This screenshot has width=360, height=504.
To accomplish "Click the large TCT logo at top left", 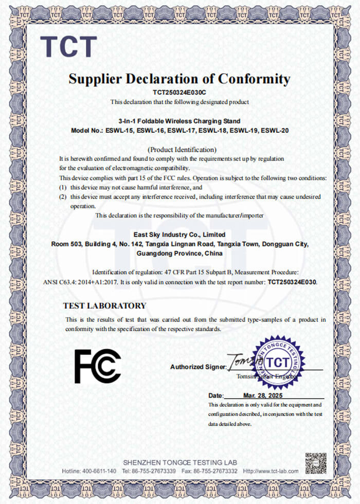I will coord(68,46).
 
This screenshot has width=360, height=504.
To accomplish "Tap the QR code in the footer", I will coord(316,463).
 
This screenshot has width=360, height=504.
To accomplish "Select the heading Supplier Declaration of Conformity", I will coord(179,79).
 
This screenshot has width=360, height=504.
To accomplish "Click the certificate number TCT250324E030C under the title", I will coord(179,93).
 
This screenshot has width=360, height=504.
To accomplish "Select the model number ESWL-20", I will coord(275,131).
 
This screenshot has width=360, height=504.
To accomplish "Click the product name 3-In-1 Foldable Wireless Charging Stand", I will coord(179,121).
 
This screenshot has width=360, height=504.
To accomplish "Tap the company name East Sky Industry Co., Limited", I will coord(179,235).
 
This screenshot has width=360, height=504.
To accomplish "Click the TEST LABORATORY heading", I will coord(104,305).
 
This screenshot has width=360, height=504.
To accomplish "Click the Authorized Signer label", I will coord(198,367).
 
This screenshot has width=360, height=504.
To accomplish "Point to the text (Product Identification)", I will coord(179,150).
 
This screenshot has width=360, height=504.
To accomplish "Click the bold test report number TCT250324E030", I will coord(292,282).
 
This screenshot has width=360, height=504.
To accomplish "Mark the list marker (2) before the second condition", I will coord(63,197).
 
